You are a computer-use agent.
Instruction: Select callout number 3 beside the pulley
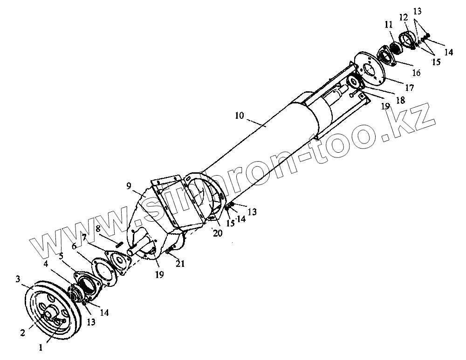[x=18, y=279]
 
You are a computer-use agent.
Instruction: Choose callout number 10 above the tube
[x=239, y=115]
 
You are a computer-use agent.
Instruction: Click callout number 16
[x=416, y=73]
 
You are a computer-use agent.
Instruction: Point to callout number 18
[x=399, y=100]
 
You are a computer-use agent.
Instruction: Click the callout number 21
[x=180, y=264]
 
